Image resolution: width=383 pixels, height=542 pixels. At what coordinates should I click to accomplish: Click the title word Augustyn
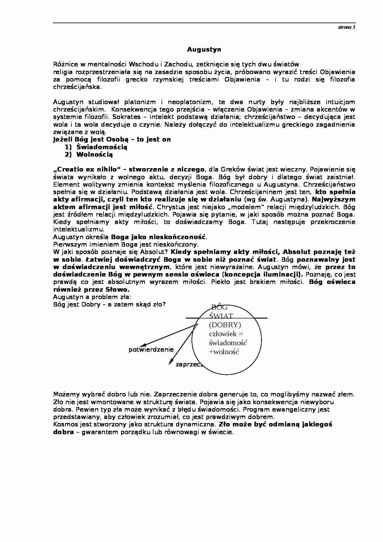pyautogui.click(x=204, y=49)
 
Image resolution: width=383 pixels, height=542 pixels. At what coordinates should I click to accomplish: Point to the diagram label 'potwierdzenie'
pyautogui.click(x=151, y=349)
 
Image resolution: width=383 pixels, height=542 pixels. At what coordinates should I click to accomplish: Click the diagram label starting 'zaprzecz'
pyautogui.click(x=188, y=364)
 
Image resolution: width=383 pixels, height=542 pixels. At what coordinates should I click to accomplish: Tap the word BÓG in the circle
pyautogui.click(x=219, y=307)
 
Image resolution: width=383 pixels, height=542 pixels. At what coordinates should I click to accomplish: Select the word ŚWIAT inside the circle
pyautogui.click(x=221, y=316)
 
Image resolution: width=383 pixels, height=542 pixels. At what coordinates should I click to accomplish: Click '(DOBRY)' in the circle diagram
pyautogui.click(x=225, y=325)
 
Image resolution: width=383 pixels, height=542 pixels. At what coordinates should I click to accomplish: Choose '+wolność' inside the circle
pyautogui.click(x=224, y=352)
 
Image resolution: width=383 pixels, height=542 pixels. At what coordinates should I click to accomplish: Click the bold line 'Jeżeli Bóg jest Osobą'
pyautogui.click(x=112, y=139)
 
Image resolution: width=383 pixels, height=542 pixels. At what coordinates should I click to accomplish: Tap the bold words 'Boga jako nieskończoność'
pyautogui.click(x=158, y=237)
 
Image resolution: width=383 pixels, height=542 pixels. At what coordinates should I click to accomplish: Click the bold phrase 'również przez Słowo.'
pyautogui.click(x=91, y=290)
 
